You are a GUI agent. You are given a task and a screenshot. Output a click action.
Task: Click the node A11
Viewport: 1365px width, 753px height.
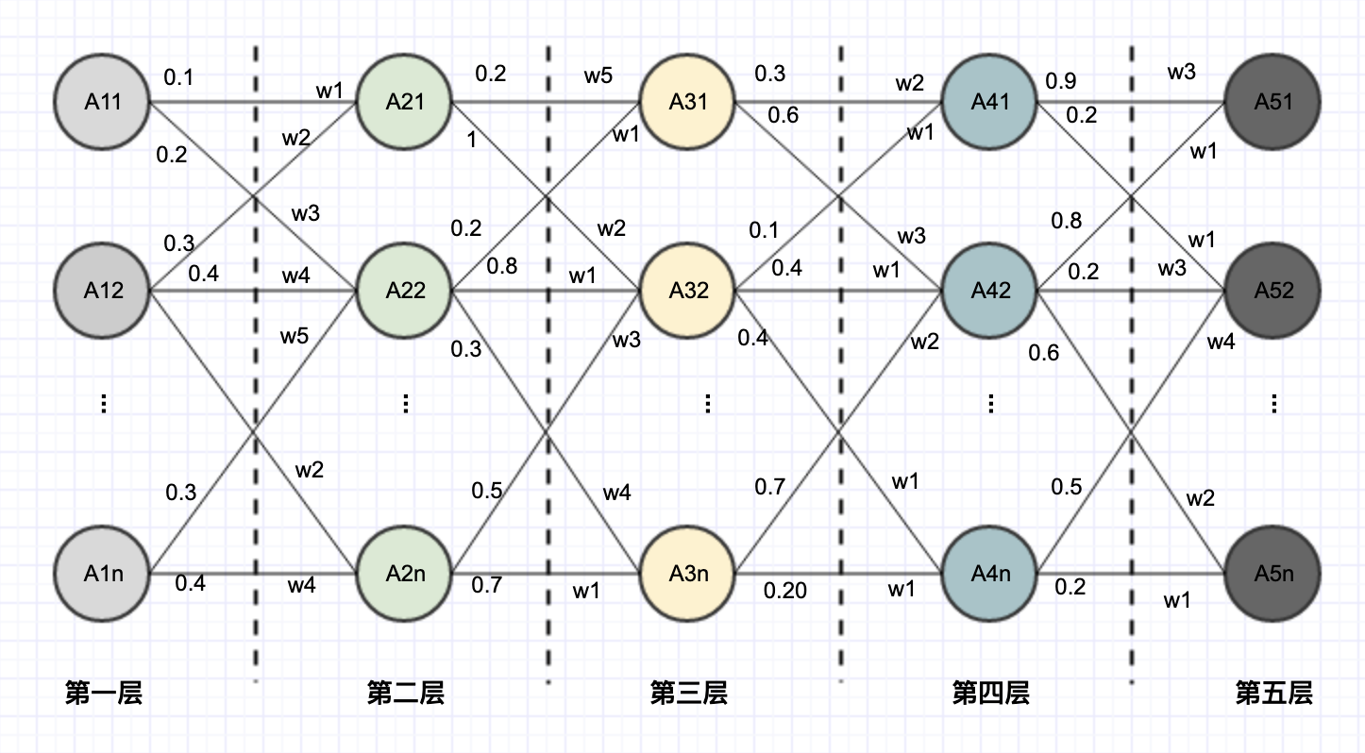(x=103, y=102)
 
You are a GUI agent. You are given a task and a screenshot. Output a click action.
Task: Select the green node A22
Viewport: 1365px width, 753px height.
(x=405, y=291)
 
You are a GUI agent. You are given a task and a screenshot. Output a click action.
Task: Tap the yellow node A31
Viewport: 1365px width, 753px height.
(x=688, y=102)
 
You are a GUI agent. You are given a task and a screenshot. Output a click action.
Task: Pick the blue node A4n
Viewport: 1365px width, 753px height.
(x=990, y=574)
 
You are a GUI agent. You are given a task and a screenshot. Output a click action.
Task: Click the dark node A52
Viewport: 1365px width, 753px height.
(x=1273, y=291)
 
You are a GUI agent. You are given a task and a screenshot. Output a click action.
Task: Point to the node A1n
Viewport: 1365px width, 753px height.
(x=103, y=574)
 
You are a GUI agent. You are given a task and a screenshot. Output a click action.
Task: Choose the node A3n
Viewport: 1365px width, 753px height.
(x=688, y=574)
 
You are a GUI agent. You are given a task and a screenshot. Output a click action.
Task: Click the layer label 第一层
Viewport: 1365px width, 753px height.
(x=104, y=694)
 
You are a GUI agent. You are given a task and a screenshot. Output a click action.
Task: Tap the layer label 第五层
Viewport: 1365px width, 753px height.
(x=1273, y=694)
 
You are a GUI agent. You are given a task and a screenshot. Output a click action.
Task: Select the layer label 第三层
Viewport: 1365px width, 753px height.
(x=688, y=694)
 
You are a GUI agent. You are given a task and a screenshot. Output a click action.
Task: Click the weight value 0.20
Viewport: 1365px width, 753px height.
(x=785, y=591)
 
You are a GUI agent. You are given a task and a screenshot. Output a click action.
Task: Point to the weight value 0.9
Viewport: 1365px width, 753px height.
(x=1060, y=82)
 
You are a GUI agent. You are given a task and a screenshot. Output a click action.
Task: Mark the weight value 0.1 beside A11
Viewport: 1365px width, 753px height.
(x=178, y=77)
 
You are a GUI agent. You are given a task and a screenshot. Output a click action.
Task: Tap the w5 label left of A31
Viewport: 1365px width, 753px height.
(x=598, y=75)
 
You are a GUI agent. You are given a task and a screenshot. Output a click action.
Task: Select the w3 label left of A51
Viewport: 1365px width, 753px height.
(x=1182, y=72)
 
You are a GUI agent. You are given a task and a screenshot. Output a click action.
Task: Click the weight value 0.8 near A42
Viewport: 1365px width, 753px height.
(x=1067, y=221)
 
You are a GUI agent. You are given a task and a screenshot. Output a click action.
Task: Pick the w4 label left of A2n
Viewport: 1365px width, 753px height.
(x=302, y=586)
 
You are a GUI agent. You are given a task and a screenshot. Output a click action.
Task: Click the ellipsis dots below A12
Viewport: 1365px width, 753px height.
(x=104, y=404)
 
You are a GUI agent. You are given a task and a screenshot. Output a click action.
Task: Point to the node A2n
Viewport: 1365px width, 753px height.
(x=405, y=574)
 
